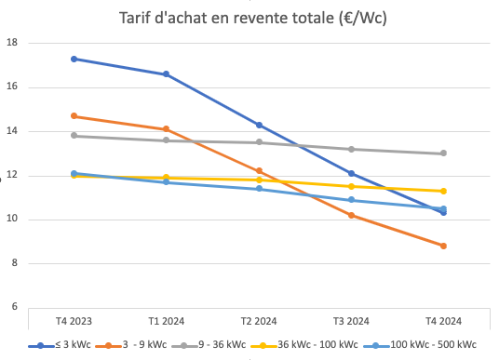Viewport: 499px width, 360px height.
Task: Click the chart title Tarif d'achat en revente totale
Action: (x=254, y=18)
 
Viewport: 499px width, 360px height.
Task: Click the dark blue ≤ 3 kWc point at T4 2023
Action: (x=74, y=59)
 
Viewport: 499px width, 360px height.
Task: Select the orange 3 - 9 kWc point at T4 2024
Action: (x=443, y=246)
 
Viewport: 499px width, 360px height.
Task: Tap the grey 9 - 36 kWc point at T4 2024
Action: (x=443, y=153)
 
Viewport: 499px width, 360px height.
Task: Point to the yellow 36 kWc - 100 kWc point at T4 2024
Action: (x=443, y=191)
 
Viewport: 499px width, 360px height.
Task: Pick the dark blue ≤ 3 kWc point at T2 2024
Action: (x=259, y=125)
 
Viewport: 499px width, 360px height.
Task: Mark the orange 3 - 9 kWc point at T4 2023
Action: (x=74, y=116)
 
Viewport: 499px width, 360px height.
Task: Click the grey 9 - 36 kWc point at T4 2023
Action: (x=74, y=136)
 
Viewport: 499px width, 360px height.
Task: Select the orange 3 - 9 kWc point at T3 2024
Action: (x=351, y=215)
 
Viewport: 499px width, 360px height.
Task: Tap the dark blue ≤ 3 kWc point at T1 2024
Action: (x=166, y=74)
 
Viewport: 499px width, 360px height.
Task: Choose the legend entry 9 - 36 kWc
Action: (x=223, y=345)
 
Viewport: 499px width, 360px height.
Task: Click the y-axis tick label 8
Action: (x=14, y=263)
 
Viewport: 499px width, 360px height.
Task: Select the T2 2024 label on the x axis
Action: (x=259, y=321)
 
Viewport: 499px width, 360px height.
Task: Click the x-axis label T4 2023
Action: (x=74, y=321)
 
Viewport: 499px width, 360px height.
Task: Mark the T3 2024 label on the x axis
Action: (x=351, y=321)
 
